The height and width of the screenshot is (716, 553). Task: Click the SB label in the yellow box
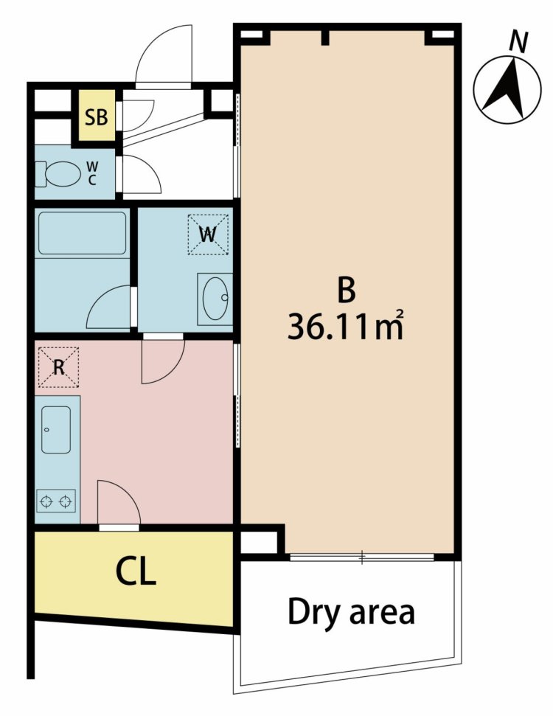(97, 117)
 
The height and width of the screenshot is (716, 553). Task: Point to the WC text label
(92, 173)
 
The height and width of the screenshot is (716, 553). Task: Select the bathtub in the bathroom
(82, 233)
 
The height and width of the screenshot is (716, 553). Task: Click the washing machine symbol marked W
(208, 234)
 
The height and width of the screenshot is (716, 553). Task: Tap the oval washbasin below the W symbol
(215, 299)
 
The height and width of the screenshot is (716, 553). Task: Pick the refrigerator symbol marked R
(58, 367)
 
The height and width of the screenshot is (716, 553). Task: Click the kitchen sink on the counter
(56, 429)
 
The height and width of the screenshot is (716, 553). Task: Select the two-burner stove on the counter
(56, 501)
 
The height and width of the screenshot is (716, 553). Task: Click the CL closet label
(136, 571)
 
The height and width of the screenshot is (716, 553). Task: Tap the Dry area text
(351, 612)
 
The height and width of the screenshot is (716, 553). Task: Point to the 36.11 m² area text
(346, 325)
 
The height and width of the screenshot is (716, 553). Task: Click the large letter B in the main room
(347, 291)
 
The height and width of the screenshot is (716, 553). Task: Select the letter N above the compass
(518, 43)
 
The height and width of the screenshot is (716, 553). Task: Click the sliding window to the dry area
(362, 557)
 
